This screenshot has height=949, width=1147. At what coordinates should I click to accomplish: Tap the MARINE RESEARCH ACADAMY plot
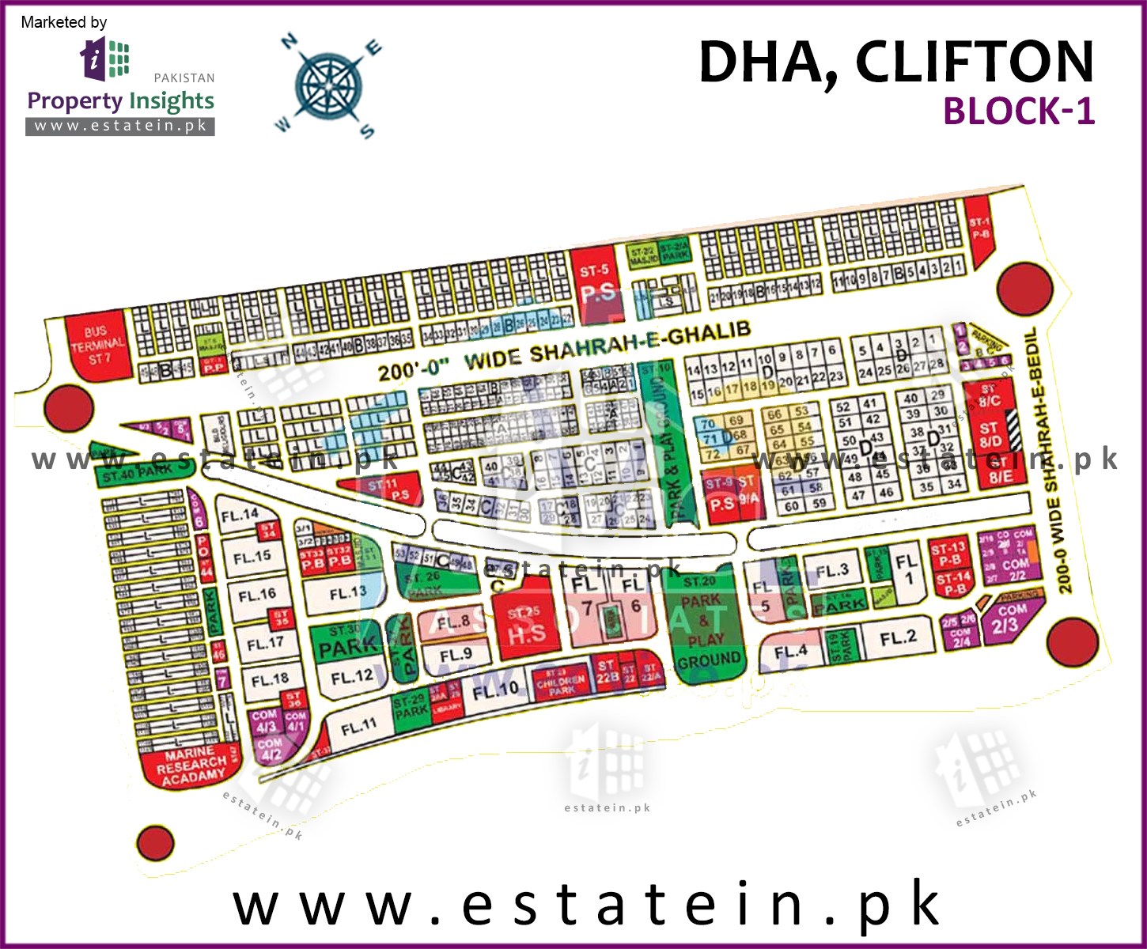point(191,765)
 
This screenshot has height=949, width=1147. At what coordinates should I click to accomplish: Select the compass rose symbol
point(327,85)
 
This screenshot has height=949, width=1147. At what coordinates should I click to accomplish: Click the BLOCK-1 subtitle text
point(1018,112)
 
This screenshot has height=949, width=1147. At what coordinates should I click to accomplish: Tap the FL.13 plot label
point(347,592)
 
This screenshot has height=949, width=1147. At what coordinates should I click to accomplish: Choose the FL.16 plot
point(257,595)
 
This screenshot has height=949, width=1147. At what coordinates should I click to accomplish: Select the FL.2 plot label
point(898,637)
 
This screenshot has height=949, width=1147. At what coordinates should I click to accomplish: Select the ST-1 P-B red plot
point(980,233)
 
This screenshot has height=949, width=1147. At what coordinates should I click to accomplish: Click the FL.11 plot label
point(358,727)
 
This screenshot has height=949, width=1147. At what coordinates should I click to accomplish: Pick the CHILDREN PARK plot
point(562,683)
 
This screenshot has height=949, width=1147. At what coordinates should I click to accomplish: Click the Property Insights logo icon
point(105,59)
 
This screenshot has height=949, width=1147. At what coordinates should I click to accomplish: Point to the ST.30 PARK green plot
point(346,642)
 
